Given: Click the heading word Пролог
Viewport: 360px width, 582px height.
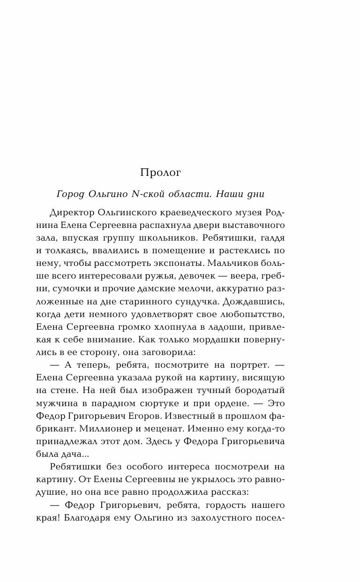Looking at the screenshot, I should pos(160,173).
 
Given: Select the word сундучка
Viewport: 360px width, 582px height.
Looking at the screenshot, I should pos(206,300).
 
